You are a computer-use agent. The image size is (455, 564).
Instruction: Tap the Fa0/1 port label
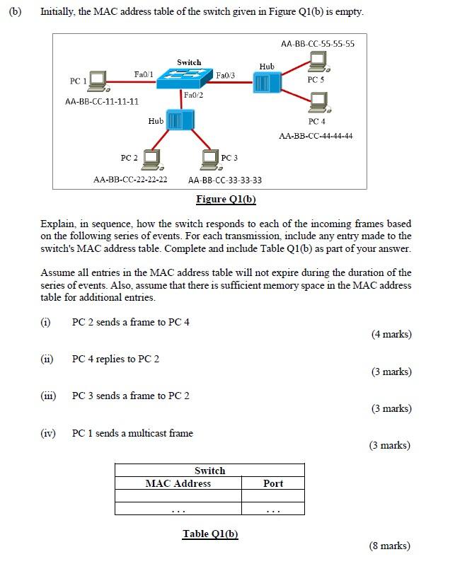click(144, 74)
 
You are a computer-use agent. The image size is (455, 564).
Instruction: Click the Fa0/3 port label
click(225, 74)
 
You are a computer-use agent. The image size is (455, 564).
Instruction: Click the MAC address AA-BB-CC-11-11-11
click(101, 102)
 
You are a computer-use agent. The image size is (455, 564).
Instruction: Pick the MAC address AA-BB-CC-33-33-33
click(225, 180)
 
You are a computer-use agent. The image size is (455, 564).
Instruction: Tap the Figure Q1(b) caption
click(226, 199)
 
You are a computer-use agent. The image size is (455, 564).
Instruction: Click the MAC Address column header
click(178, 483)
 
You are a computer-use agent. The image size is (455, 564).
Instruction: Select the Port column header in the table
click(272, 483)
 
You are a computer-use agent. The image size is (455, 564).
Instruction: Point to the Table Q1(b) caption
click(210, 534)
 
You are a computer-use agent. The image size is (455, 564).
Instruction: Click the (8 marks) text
click(389, 545)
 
